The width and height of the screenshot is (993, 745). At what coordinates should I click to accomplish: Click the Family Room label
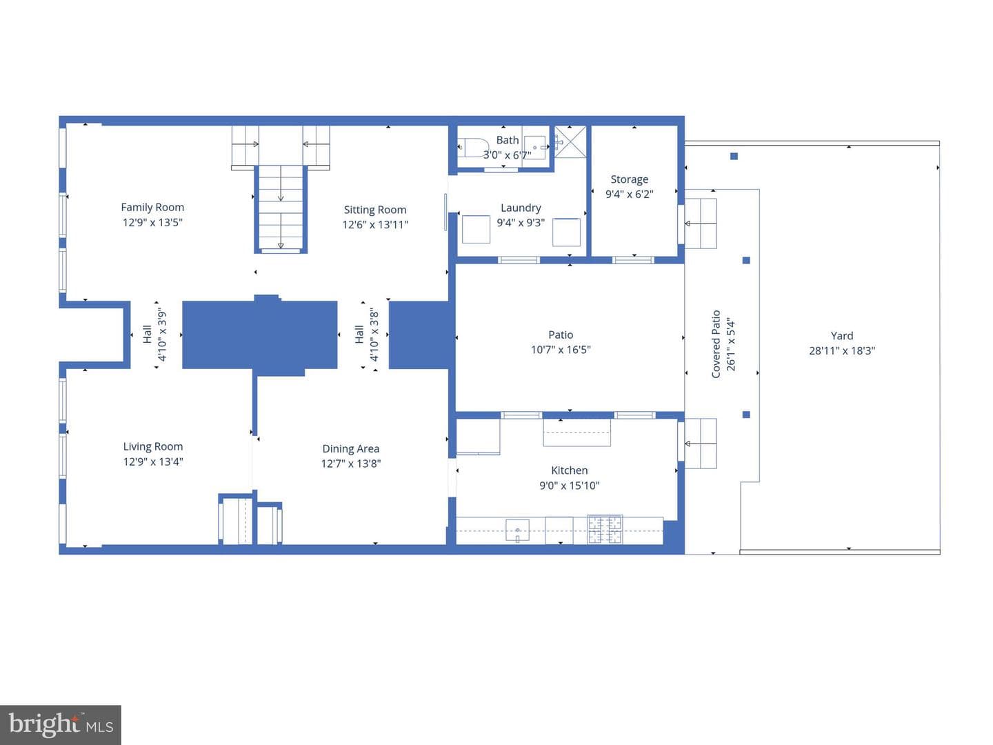152,207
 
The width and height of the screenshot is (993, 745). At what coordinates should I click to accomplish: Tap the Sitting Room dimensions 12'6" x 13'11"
375,225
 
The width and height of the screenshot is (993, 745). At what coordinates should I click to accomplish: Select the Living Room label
153,446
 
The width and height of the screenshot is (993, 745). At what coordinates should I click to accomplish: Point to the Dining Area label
350,448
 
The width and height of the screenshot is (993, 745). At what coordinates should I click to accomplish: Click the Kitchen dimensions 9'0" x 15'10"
569,486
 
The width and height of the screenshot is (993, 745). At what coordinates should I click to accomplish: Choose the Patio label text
561,335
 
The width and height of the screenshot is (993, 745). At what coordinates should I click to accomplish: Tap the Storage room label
630,179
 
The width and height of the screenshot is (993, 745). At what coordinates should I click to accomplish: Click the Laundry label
521,208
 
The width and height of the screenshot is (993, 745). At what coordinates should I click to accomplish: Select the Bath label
507,140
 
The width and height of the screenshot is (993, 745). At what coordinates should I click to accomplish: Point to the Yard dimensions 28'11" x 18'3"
842,350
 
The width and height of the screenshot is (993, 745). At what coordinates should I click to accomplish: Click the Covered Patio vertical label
716,344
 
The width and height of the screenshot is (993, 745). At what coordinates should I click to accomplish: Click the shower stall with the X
570,142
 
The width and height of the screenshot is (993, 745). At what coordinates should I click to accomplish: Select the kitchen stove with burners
605,529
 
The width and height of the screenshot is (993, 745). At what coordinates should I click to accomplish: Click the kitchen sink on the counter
518,530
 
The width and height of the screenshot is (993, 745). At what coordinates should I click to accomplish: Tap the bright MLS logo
61,724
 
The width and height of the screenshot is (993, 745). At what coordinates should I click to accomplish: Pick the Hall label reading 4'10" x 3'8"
367,335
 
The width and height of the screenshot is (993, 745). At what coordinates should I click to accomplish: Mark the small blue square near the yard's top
734,157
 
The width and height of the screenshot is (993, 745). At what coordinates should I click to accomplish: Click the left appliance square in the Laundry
476,229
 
